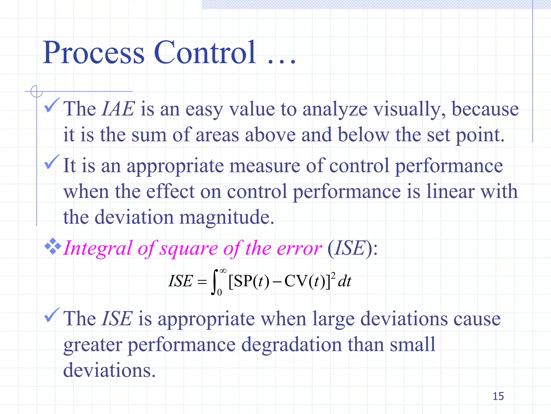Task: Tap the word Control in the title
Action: (205, 53)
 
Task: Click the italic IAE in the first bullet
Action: (118, 109)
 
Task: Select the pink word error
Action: (299, 248)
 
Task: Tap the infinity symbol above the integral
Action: (223, 271)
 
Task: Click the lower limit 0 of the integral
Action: (220, 292)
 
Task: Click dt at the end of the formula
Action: (345, 282)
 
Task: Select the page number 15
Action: (498, 396)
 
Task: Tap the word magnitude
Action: (227, 217)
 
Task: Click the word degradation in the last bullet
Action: (291, 345)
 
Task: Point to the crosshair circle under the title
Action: (37, 91)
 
